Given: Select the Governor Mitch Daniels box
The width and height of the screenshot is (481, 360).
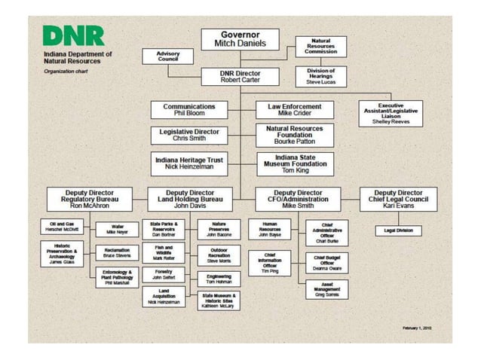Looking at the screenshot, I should [x=240, y=39].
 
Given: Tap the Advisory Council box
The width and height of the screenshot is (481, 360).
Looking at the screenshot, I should [x=168, y=56].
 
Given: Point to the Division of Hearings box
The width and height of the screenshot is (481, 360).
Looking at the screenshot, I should [x=321, y=76].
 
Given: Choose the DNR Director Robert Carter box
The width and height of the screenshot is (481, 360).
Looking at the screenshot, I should [x=240, y=76].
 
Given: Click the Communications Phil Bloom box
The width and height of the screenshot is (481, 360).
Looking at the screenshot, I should [x=188, y=110].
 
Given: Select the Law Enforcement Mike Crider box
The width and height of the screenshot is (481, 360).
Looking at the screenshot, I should [x=295, y=110].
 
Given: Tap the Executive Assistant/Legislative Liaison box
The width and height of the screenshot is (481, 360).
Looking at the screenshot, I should [x=390, y=114].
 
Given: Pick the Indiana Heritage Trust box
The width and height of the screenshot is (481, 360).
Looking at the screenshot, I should [x=188, y=163].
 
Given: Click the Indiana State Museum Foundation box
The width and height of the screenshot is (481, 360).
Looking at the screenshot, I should [x=295, y=163].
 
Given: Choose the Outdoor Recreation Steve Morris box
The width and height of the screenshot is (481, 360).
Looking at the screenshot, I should [x=219, y=255].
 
